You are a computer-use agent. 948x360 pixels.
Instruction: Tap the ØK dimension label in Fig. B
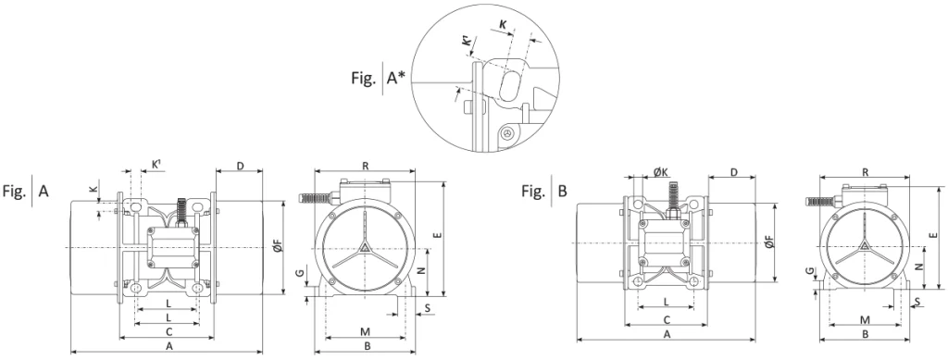pyautogui.click(x=661, y=171)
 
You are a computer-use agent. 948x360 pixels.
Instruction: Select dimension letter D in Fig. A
pyautogui.click(x=240, y=166)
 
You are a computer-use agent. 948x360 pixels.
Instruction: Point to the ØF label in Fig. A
pyautogui.click(x=277, y=246)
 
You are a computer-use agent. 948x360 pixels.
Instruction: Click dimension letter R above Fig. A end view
pyautogui.click(x=365, y=166)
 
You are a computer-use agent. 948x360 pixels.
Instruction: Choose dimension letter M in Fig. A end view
pyautogui.click(x=365, y=331)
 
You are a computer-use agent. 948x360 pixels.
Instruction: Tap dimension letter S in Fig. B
pyautogui.click(x=917, y=301)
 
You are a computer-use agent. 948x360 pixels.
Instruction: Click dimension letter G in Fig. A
pyautogui.click(x=299, y=273)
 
